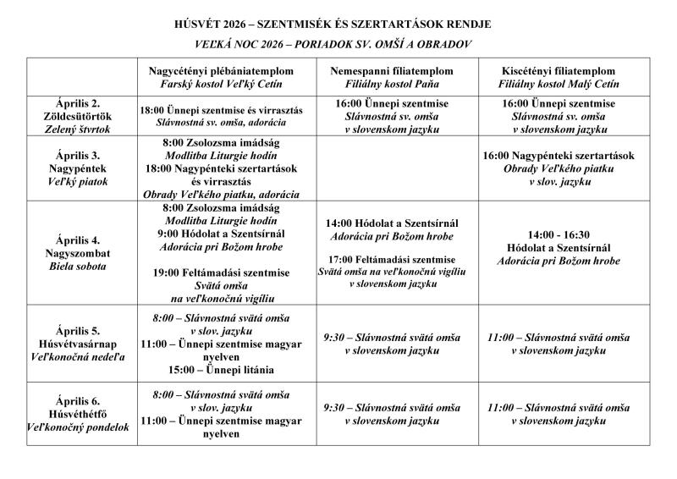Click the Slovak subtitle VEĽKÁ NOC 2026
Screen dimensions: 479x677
[x=338, y=42]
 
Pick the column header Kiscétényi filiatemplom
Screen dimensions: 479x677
[x=559, y=71]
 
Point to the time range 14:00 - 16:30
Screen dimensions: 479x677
[x=559, y=234]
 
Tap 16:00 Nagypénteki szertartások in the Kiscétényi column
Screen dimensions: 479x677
[x=559, y=156]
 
